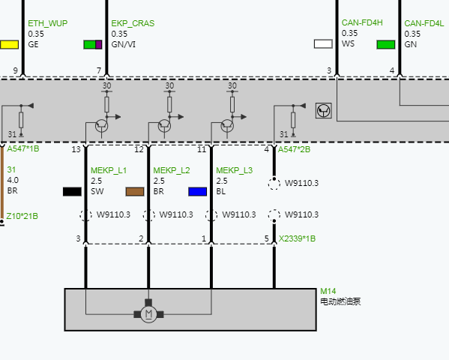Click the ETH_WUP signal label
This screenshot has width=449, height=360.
point(47,23)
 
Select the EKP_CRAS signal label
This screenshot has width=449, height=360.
point(133,23)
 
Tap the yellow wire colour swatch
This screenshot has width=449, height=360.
point(10,45)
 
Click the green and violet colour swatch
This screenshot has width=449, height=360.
point(93,45)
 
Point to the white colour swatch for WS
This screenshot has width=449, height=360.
point(323,43)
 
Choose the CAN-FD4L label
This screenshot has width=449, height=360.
point(424,23)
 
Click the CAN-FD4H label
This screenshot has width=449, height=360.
point(362,22)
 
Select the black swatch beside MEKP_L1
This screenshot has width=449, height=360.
point(72,192)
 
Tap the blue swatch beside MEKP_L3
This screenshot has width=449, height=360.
point(198,192)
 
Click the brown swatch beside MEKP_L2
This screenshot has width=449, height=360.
point(135,192)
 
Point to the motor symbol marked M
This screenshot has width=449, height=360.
point(148,314)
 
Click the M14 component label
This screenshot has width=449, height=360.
point(328,291)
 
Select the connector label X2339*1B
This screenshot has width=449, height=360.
point(298,238)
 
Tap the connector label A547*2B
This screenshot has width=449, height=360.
point(294,149)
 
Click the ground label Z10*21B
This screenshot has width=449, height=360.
point(22,216)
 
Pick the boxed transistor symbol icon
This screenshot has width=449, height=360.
point(324,111)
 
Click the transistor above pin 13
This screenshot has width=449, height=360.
point(102,126)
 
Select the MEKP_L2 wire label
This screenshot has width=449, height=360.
point(172,170)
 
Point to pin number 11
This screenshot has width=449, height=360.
point(202,149)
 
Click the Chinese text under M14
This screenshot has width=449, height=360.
point(340,301)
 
